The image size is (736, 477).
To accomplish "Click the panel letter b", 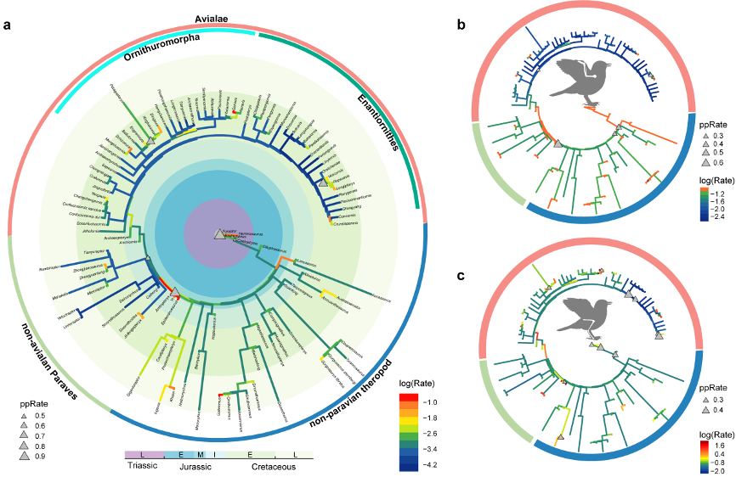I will [x=461, y=25].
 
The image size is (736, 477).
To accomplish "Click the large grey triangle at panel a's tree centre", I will [x=218, y=233].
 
